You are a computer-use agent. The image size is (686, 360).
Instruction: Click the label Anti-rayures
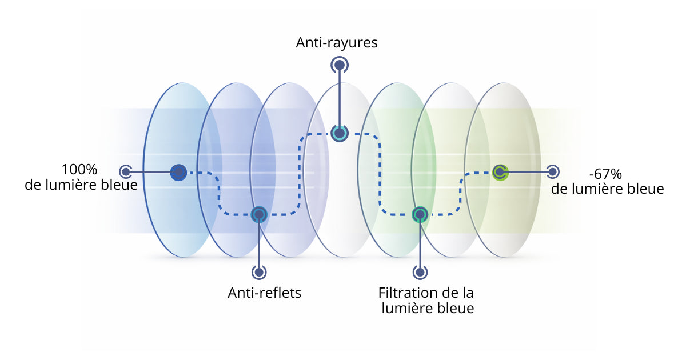337,43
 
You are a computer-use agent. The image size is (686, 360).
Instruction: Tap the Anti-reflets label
264,293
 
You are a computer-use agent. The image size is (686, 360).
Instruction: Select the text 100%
80,170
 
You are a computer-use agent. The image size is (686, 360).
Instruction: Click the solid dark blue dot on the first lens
179,171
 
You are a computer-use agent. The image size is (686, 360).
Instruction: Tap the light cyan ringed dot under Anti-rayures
340,134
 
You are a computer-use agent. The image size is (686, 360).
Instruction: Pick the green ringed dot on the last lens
500,171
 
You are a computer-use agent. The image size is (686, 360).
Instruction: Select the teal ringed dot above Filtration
420,214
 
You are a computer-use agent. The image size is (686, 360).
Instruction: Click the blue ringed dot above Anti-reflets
259,214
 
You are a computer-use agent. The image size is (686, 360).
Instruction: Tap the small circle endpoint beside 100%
126,171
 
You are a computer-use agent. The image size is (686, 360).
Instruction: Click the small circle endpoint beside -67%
552,171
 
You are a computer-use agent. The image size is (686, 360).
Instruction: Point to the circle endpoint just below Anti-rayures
340,66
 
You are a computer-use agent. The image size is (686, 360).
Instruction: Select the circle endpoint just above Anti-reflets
259,271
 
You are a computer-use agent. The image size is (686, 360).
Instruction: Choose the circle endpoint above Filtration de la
420,271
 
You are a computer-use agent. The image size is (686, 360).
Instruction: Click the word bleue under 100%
119,185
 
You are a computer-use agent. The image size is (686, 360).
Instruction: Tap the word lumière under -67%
605,189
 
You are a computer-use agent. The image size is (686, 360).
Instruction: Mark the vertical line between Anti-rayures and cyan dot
340,100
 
